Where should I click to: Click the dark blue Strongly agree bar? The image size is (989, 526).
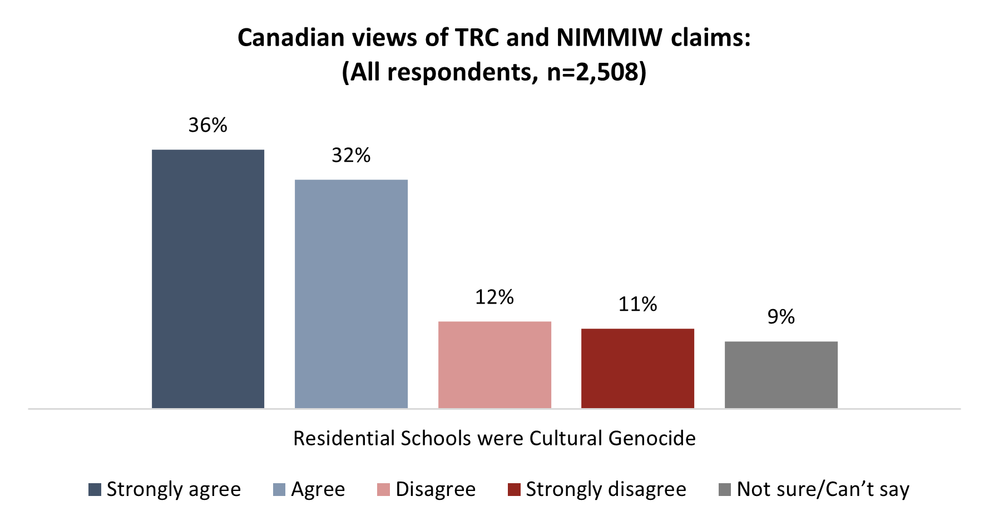(208, 279)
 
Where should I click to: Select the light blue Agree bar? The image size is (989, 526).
(351, 294)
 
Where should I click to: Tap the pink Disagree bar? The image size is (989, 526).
(494, 365)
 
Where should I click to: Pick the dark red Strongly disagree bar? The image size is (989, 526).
(637, 368)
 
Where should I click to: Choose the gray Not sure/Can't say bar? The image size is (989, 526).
(781, 375)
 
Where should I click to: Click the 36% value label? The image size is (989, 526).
(208, 126)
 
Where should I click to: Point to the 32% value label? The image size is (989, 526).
(351, 156)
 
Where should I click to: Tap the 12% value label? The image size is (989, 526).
(494, 297)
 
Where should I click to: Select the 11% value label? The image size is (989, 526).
(637, 305)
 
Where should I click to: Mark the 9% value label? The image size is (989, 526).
(781, 317)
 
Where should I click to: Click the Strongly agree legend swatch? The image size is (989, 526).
(95, 490)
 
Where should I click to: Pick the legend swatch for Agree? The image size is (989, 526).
(279, 490)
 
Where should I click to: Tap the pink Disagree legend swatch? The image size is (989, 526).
(383, 490)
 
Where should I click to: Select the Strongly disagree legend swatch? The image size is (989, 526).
(514, 490)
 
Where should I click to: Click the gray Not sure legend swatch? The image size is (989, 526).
(725, 490)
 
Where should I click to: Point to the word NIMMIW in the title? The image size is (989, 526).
(609, 38)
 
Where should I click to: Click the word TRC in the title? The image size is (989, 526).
(478, 38)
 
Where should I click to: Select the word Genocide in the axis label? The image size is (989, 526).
(652, 439)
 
